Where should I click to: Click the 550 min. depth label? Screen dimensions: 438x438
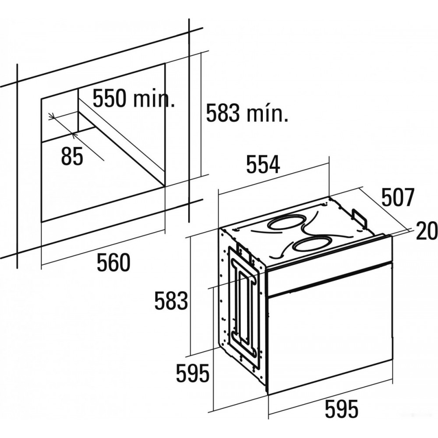click(x=134, y=98)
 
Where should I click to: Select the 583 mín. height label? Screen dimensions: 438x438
click(x=247, y=113)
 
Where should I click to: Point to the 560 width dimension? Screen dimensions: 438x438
click(x=114, y=262)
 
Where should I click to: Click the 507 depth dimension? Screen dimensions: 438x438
click(x=397, y=197)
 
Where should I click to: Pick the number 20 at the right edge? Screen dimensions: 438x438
click(x=427, y=230)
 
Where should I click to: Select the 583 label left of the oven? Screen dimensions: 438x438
click(x=171, y=300)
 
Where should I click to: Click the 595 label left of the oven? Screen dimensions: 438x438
click(x=193, y=373)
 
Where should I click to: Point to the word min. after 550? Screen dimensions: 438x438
click(x=154, y=98)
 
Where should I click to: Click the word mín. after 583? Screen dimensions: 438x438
click(x=267, y=113)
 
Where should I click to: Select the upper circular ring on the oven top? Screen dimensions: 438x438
click(x=286, y=223)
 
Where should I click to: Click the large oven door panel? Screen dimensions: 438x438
click(x=330, y=328)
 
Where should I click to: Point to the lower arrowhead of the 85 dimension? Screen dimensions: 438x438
click(x=73, y=135)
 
